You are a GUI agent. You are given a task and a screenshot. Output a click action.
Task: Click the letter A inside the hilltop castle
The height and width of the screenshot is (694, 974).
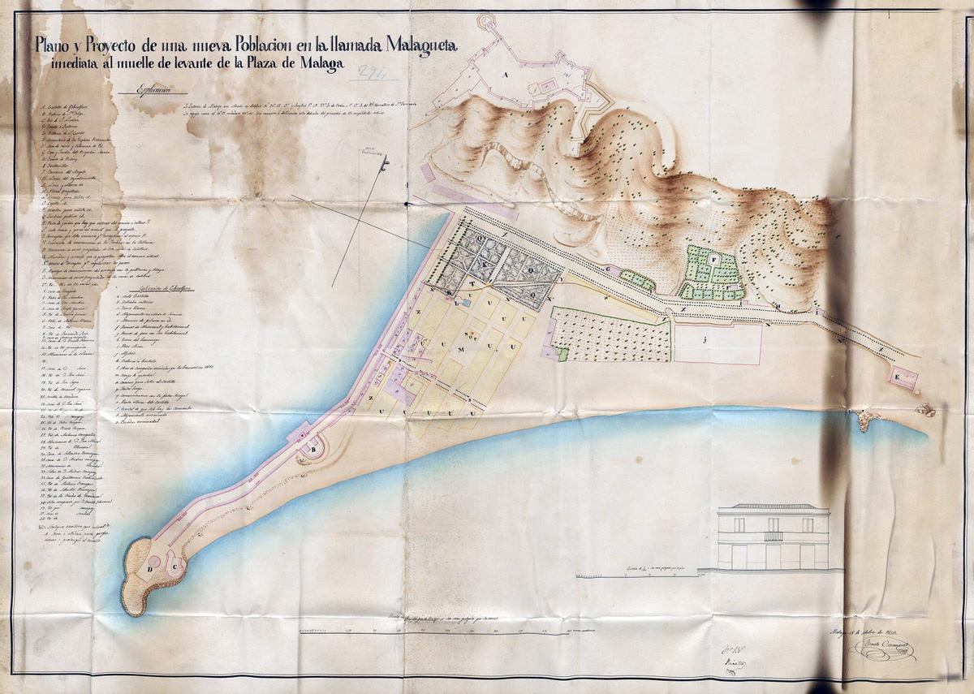coord(505,74)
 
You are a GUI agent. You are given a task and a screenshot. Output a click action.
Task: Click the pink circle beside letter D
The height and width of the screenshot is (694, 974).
coord(154,563)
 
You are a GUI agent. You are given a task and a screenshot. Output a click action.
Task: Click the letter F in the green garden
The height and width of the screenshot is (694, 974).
coord(713,259)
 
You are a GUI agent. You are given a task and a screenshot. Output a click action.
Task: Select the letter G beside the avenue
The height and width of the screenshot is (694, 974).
coord(607,269)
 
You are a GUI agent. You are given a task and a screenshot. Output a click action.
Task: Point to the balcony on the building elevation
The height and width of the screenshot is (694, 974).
coord(774,536)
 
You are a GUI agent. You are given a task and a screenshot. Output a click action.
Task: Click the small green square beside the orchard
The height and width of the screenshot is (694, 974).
coord(562,354)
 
